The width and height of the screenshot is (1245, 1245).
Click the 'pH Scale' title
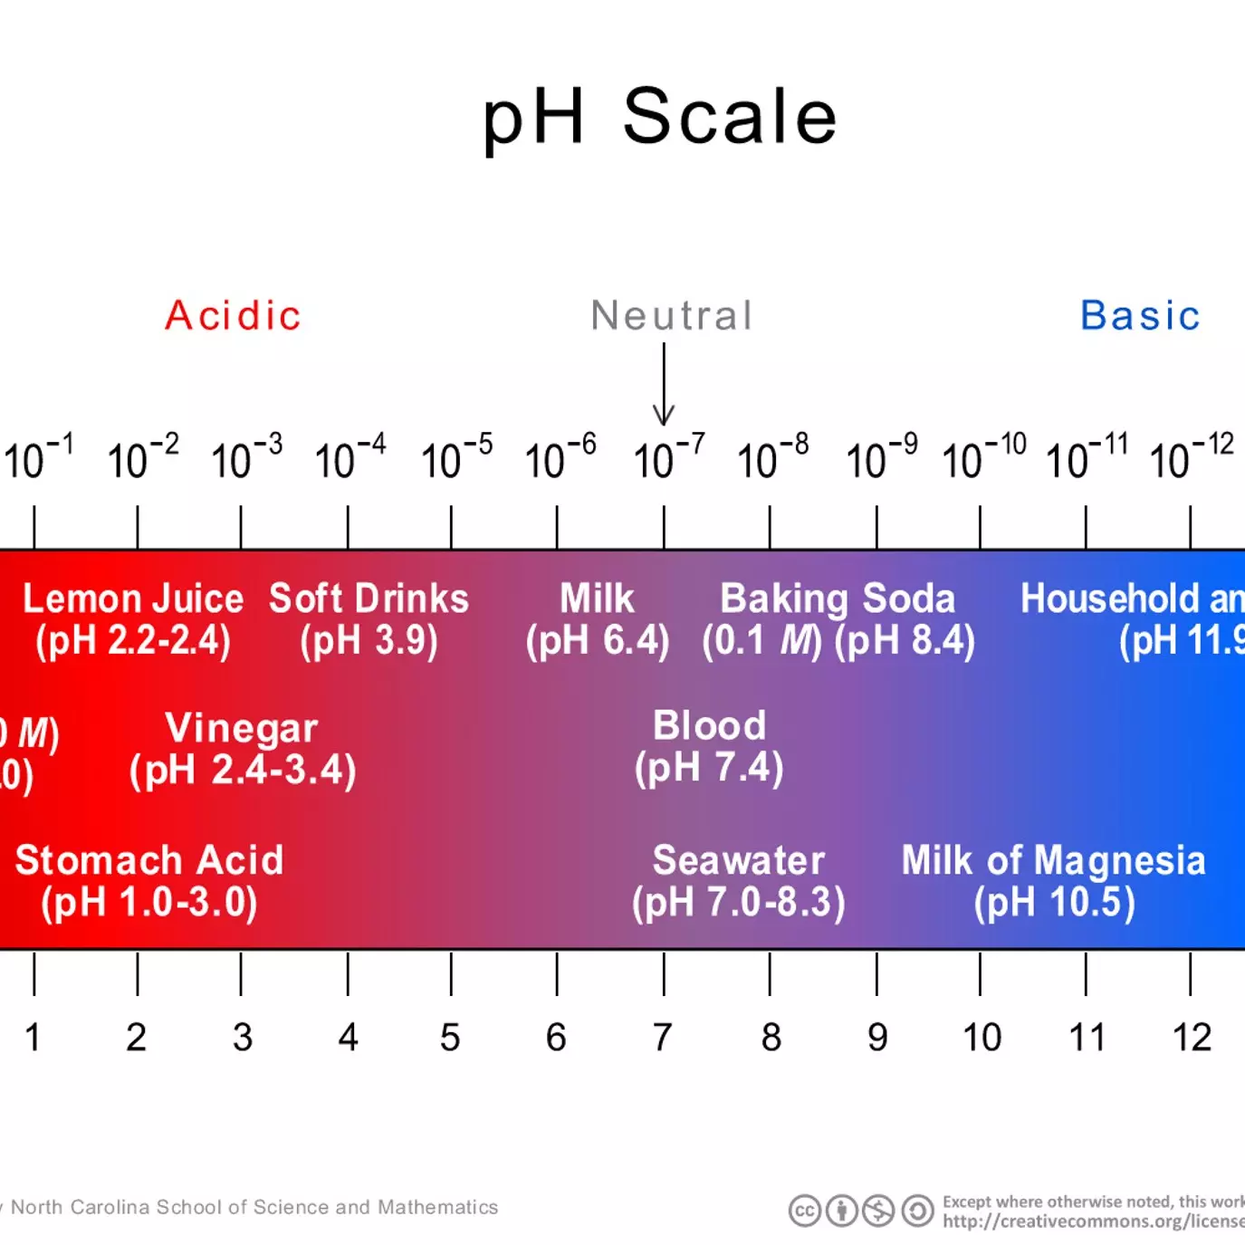click(x=660, y=118)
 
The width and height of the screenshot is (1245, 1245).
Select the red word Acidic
click(x=233, y=316)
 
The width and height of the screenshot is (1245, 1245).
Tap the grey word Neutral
click(x=671, y=316)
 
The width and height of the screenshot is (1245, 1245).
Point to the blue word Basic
click(x=1140, y=316)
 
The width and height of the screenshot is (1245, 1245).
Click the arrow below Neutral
click(x=664, y=385)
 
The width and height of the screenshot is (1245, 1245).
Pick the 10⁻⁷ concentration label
click(x=668, y=457)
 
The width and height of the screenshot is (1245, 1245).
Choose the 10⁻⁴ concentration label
click(x=350, y=457)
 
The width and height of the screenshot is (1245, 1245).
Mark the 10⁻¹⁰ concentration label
click(x=983, y=457)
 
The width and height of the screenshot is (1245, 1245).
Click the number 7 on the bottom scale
click(x=663, y=1038)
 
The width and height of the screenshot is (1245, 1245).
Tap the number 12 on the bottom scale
click(x=1191, y=1038)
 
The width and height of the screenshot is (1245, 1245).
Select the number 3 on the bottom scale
click(x=242, y=1038)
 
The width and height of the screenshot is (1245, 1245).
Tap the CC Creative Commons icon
click(x=804, y=1211)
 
